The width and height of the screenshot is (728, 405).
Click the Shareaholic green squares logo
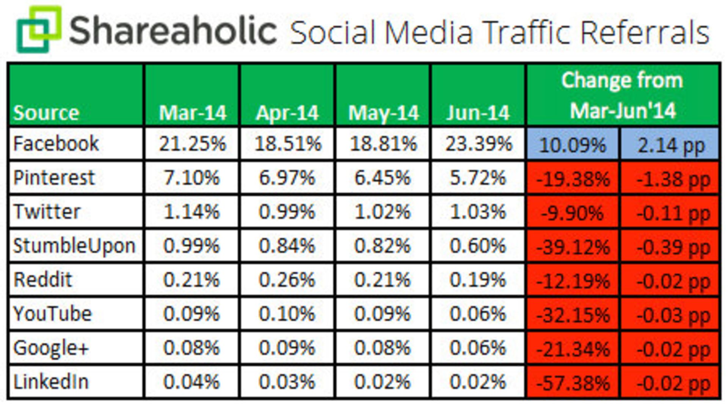(38, 29)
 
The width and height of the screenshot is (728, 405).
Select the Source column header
(46, 113)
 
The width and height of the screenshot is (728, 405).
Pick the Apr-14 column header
(287, 113)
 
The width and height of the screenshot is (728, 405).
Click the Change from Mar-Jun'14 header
(623, 95)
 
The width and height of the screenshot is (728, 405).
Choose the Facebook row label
(56, 143)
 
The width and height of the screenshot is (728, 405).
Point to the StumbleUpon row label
(74, 246)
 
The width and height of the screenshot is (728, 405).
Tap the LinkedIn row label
(51, 382)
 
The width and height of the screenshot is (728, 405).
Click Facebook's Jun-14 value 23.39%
(479, 143)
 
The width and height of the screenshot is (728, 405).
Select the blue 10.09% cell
(573, 145)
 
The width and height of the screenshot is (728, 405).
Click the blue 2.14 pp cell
(670, 145)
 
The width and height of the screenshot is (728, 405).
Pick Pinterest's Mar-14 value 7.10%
(191, 178)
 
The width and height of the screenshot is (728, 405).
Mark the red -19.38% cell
(573, 179)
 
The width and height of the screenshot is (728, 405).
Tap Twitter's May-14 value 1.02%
(382, 211)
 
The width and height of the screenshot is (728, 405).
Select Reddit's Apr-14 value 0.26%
(287, 280)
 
